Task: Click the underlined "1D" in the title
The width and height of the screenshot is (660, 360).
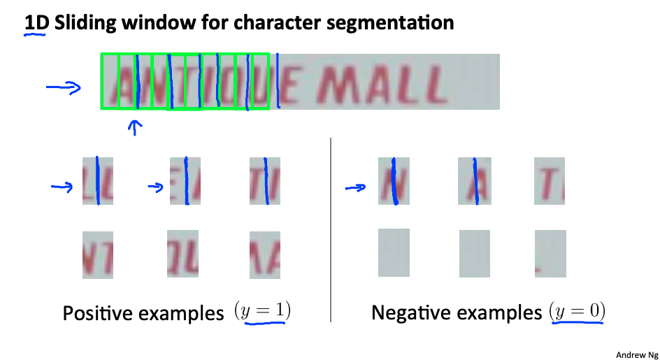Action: [x=35, y=23]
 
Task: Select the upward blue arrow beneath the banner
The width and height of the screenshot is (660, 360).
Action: [x=135, y=127]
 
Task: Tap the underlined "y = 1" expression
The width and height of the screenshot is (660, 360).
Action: [x=263, y=312]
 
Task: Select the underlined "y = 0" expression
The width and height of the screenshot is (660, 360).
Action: [x=577, y=312]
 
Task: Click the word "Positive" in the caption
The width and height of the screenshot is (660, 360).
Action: [x=103, y=313]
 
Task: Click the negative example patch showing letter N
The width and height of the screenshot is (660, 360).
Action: [x=393, y=181]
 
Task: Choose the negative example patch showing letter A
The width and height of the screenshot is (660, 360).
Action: [x=473, y=181]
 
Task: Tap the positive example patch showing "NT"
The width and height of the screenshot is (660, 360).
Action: [x=97, y=255]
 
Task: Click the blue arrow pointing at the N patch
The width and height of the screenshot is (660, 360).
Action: [x=356, y=187]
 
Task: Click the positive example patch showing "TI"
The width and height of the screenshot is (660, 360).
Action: [x=265, y=181]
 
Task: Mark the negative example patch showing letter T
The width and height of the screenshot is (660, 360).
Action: [x=549, y=181]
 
